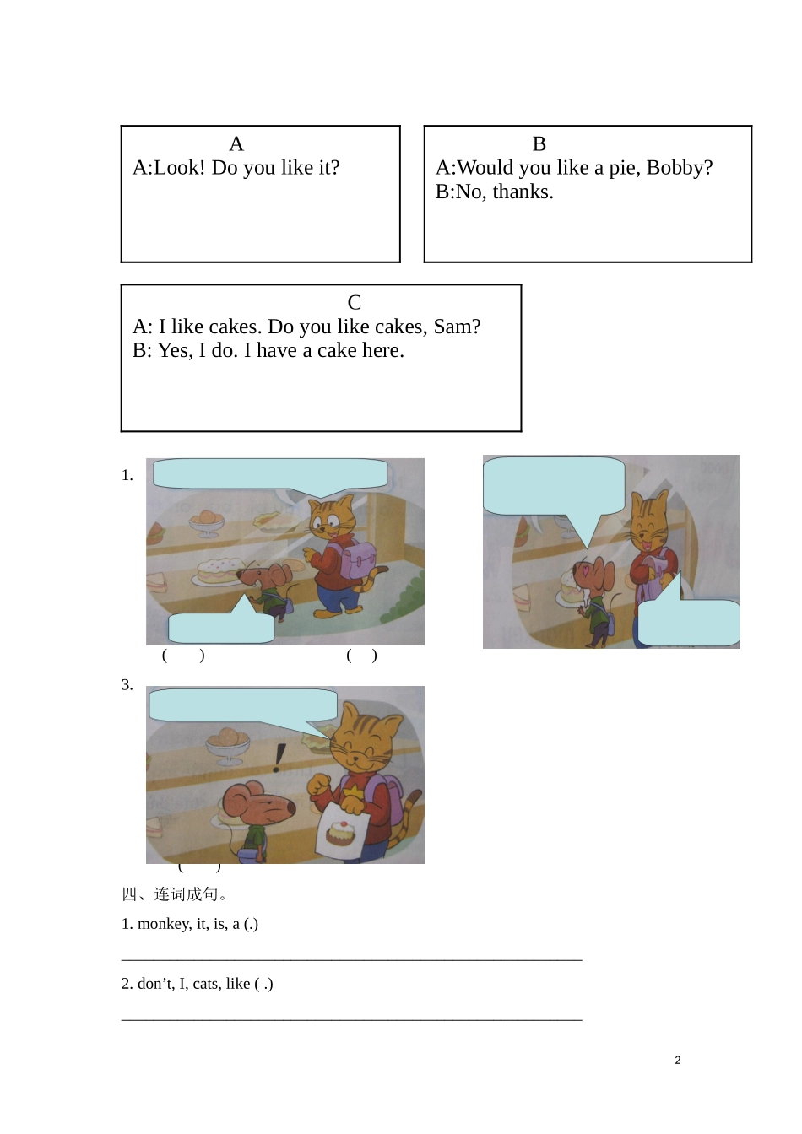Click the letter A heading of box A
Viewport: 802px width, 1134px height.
236,144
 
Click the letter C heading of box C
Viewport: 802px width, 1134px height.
355,303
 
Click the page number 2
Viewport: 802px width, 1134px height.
678,1061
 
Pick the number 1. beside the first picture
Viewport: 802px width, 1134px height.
127,476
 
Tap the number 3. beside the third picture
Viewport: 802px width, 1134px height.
127,685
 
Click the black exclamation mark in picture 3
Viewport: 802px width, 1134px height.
279,758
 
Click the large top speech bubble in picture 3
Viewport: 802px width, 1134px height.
243,705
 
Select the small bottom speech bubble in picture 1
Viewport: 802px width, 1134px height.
221,627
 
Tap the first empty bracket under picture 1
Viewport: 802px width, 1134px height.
183,656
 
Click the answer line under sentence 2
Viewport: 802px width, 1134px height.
351,1019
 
